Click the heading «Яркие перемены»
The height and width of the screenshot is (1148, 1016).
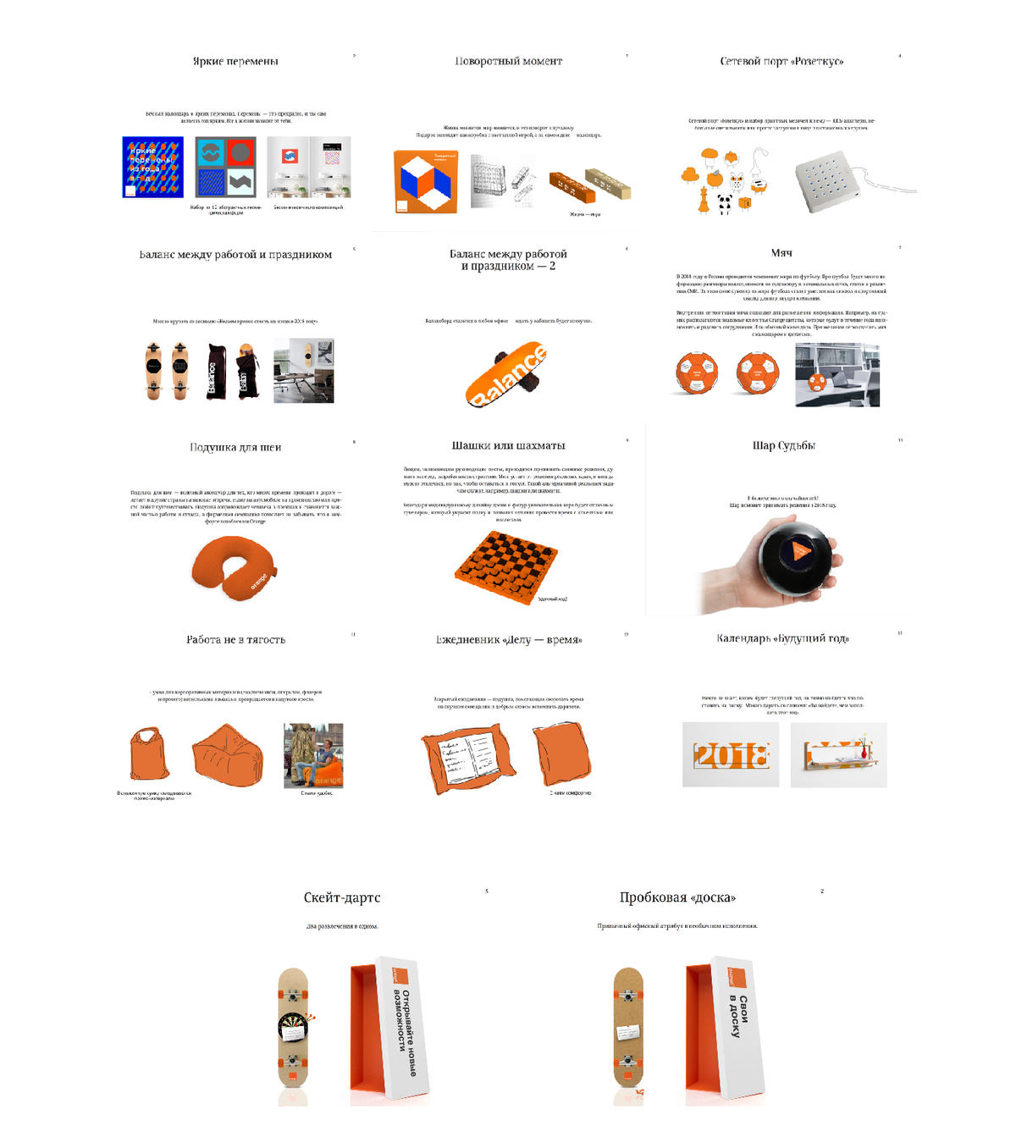click(x=235, y=61)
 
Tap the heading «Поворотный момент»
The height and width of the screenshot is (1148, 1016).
click(x=508, y=61)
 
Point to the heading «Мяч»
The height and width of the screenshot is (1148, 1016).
click(x=781, y=253)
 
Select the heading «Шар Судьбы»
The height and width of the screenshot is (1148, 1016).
click(x=784, y=445)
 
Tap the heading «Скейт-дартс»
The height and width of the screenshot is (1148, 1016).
click(x=342, y=897)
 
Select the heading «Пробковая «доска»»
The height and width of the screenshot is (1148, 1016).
click(x=677, y=897)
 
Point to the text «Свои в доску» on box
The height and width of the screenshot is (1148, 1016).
click(x=738, y=1016)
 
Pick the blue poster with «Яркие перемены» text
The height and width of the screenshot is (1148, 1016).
click(x=152, y=167)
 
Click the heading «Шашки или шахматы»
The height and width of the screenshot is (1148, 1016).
click(x=508, y=445)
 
